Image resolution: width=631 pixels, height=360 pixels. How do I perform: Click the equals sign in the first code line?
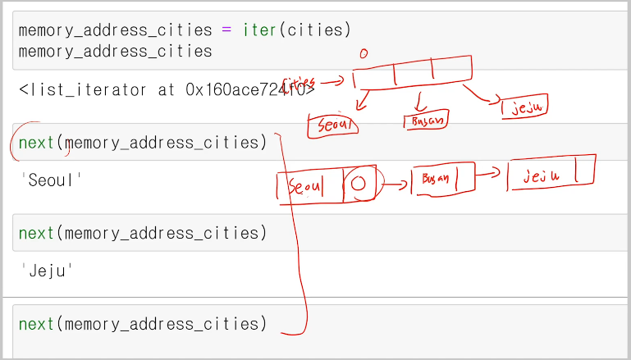click(226, 30)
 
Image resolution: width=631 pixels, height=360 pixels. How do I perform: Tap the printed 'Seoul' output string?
click(52, 180)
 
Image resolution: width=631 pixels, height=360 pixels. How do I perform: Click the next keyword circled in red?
click(36, 143)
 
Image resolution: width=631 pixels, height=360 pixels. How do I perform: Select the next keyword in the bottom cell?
click(36, 324)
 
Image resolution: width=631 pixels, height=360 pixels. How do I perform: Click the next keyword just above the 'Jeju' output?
click(36, 234)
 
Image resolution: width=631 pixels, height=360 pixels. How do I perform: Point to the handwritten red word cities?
click(299, 83)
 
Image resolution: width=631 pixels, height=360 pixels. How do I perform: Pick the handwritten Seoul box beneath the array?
click(332, 125)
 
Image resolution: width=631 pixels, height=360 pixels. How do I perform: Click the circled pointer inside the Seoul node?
click(358, 184)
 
